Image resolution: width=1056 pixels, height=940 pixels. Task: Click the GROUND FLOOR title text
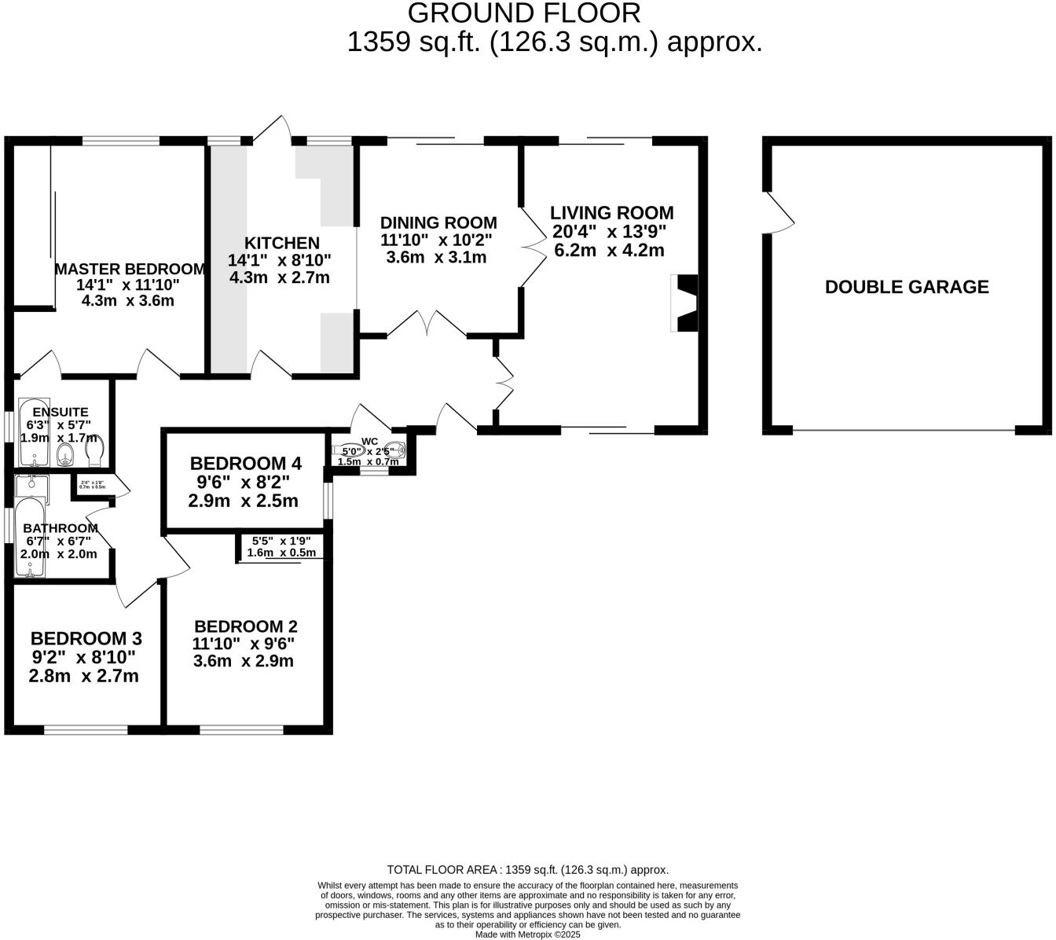524,13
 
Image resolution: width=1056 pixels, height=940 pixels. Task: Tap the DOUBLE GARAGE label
906,287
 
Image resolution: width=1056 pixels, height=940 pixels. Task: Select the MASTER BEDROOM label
130,269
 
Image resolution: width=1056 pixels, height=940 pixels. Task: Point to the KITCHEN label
281,244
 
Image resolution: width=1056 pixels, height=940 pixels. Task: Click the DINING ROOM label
438,222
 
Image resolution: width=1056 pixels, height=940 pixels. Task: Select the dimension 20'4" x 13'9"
610,232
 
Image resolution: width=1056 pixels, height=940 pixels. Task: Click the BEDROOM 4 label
245,463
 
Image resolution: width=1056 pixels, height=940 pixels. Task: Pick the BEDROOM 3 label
86,638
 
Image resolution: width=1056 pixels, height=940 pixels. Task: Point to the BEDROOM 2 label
245,626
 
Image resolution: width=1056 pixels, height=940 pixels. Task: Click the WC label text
369,442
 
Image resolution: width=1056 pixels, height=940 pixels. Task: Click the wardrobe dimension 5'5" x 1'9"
281,541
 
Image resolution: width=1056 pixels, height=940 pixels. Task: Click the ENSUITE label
60,412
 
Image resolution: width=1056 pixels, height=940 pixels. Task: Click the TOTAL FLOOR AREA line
527,869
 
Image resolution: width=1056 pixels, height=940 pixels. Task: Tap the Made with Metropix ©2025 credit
527,934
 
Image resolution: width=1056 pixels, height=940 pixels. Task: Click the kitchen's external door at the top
274,131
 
